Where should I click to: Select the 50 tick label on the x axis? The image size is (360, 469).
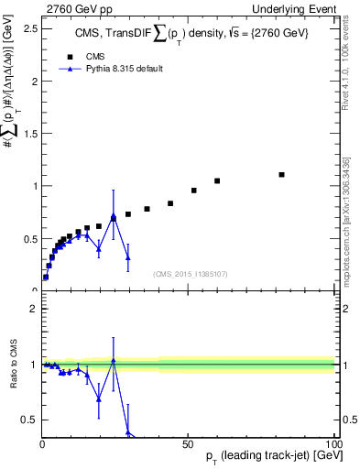[x=189, y=442]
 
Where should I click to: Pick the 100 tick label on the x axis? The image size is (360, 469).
[x=332, y=442]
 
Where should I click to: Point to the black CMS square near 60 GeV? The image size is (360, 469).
[x=217, y=180]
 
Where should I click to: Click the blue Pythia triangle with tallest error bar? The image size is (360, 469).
[x=113, y=217]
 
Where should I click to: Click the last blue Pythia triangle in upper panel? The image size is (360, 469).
[x=128, y=257]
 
